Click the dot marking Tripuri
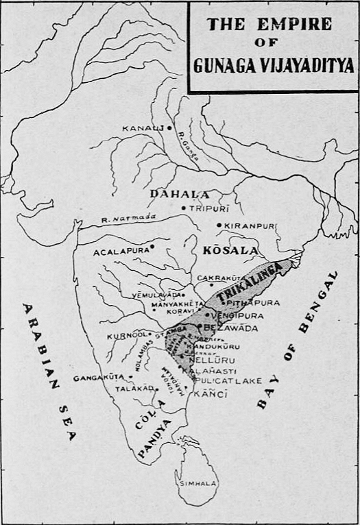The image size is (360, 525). pyautogui.click(x=183, y=208)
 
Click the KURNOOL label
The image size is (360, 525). pyautogui.click(x=123, y=336)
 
